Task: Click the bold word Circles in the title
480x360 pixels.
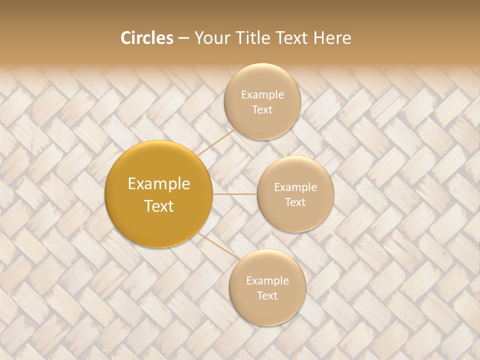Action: pos(146,38)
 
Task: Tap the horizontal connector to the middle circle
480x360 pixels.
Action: pos(235,194)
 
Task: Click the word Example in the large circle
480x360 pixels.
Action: pos(159,184)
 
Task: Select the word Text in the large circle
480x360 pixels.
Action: pos(159,206)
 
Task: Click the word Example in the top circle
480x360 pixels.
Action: pos(262,95)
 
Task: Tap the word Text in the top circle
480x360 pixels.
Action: pos(262,109)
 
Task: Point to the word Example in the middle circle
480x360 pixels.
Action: pos(295,187)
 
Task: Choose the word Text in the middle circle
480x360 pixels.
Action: pos(295,202)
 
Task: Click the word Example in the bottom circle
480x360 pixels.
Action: pos(267,281)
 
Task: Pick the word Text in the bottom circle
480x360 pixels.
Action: pos(267,295)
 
